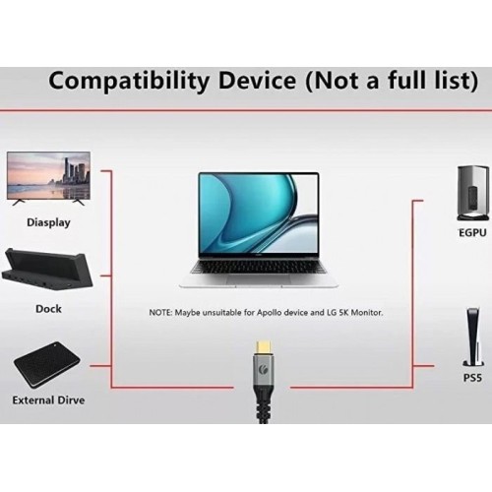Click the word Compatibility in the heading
click(128, 81)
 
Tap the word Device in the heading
click(257, 80)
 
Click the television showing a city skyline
click(48, 178)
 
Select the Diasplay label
click(48, 222)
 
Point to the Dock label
click(48, 309)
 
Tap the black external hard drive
click(47, 364)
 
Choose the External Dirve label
click(48, 400)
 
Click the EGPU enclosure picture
click(470, 194)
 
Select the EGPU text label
click(472, 233)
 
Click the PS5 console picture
click(472, 338)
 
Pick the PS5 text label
click(472, 378)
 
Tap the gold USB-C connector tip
click(264, 347)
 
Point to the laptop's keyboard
click(259, 269)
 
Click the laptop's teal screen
click(259, 214)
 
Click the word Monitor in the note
click(367, 313)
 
